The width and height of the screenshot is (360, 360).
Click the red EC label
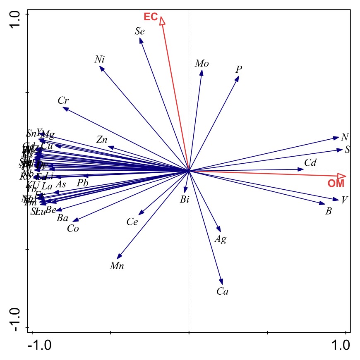tap(151, 17)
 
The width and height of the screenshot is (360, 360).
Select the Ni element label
tap(99, 60)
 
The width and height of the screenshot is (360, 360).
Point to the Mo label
tap(202, 64)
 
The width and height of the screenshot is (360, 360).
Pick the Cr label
tap(63, 100)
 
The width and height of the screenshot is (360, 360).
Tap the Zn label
tap(102, 140)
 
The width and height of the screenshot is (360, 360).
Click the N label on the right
tap(344, 138)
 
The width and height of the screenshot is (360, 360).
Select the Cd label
tap(310, 163)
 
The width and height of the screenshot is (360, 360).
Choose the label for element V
tap(344, 200)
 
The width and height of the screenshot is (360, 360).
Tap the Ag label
tap(221, 239)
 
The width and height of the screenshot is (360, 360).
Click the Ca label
tap(223, 292)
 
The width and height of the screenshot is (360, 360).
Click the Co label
tap(73, 229)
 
